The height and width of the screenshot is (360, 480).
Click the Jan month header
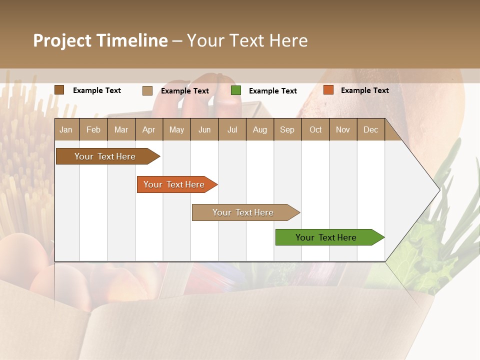[x=66, y=129]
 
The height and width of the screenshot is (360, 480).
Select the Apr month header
[x=149, y=129]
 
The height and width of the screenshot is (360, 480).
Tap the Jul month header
[x=232, y=129]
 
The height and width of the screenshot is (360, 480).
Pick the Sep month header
[x=287, y=129]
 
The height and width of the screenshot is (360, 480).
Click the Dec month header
[x=370, y=129]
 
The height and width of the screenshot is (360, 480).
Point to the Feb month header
[x=93, y=129]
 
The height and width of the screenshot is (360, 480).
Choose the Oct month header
[x=315, y=129]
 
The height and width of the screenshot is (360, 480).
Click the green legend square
[x=236, y=90]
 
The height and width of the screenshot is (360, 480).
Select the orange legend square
[x=328, y=90]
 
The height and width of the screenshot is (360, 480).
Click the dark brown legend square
[x=59, y=90]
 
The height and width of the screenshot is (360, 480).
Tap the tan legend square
[x=147, y=90]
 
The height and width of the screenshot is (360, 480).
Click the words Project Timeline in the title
[x=100, y=40]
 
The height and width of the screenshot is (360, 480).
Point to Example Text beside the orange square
[x=364, y=90]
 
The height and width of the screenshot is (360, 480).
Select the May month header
[x=176, y=129]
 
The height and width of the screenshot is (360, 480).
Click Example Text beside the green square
[x=272, y=91]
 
